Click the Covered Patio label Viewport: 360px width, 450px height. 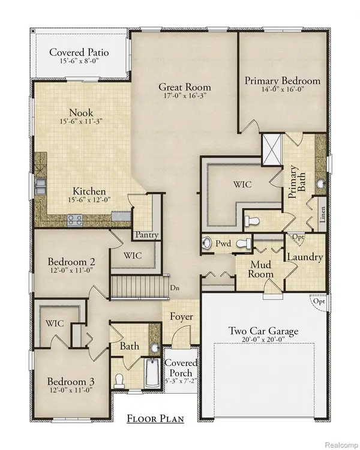point(79,52)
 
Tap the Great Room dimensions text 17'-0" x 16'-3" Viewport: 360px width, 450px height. point(184,95)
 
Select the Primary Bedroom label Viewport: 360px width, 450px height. point(283,80)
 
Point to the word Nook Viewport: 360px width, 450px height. point(80,112)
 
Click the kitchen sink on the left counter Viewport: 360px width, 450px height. point(40,185)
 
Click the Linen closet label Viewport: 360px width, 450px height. point(322,217)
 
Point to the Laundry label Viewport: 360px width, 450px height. point(305,257)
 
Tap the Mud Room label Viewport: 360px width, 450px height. point(262,269)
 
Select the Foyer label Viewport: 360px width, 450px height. point(180,316)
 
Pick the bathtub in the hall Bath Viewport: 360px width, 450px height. point(152,373)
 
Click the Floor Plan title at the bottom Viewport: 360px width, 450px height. point(155,419)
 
